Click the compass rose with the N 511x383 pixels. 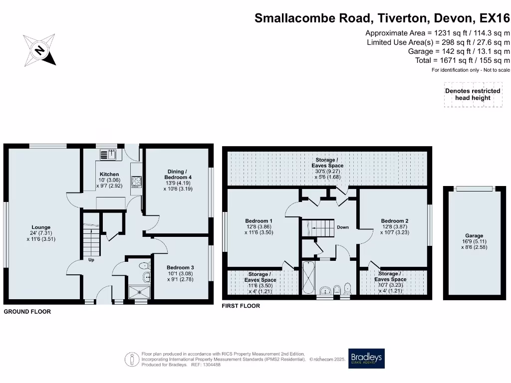[39, 50]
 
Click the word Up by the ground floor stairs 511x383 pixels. [91, 259]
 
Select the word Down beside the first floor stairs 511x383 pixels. [343, 227]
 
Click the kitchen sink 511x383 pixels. [109, 155]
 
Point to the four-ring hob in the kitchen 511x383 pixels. [136, 182]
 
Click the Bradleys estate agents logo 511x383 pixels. [367, 359]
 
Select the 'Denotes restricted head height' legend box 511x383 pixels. [472, 94]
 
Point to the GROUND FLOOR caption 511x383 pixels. [27, 312]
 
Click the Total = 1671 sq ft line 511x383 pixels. [463, 60]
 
